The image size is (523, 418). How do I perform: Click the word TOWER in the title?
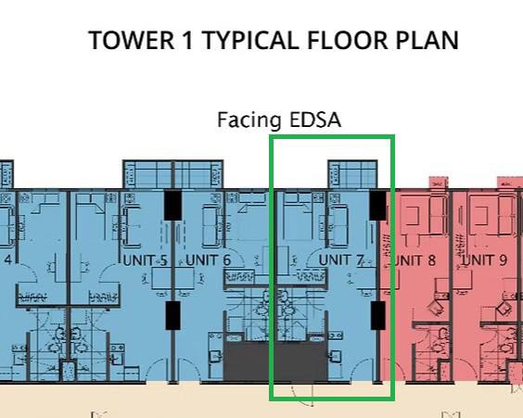pyautogui.click(x=132, y=41)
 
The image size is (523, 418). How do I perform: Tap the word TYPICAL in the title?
pyautogui.click(x=250, y=41)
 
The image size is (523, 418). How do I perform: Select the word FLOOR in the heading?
pyautogui.click(x=347, y=41)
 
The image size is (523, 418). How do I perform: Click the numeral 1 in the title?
pyautogui.click(x=188, y=41)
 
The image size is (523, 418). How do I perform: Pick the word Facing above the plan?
pyautogui.click(x=249, y=120)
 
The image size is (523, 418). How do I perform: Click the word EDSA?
pyautogui.click(x=315, y=120)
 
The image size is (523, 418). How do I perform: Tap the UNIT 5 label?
pyautogui.click(x=145, y=260)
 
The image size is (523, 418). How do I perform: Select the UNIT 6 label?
pyautogui.click(x=208, y=260)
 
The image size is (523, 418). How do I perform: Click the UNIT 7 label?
pyautogui.click(x=341, y=260)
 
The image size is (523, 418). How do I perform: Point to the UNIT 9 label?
pyautogui.click(x=484, y=260)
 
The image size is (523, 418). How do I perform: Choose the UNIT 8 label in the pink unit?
pyautogui.click(x=414, y=260)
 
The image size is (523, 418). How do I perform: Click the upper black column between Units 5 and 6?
pyautogui.click(x=172, y=206)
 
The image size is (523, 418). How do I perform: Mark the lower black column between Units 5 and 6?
pyautogui.click(x=172, y=315)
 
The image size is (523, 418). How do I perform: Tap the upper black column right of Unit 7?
pyautogui.click(x=378, y=206)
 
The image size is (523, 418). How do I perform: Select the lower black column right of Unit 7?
pyautogui.click(x=378, y=315)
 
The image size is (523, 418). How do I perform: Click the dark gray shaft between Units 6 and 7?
pyautogui.click(x=275, y=361)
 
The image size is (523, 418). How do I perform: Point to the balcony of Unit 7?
pyautogui.click(x=353, y=174)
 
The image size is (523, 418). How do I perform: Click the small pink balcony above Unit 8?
pyautogui.click(x=439, y=183)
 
